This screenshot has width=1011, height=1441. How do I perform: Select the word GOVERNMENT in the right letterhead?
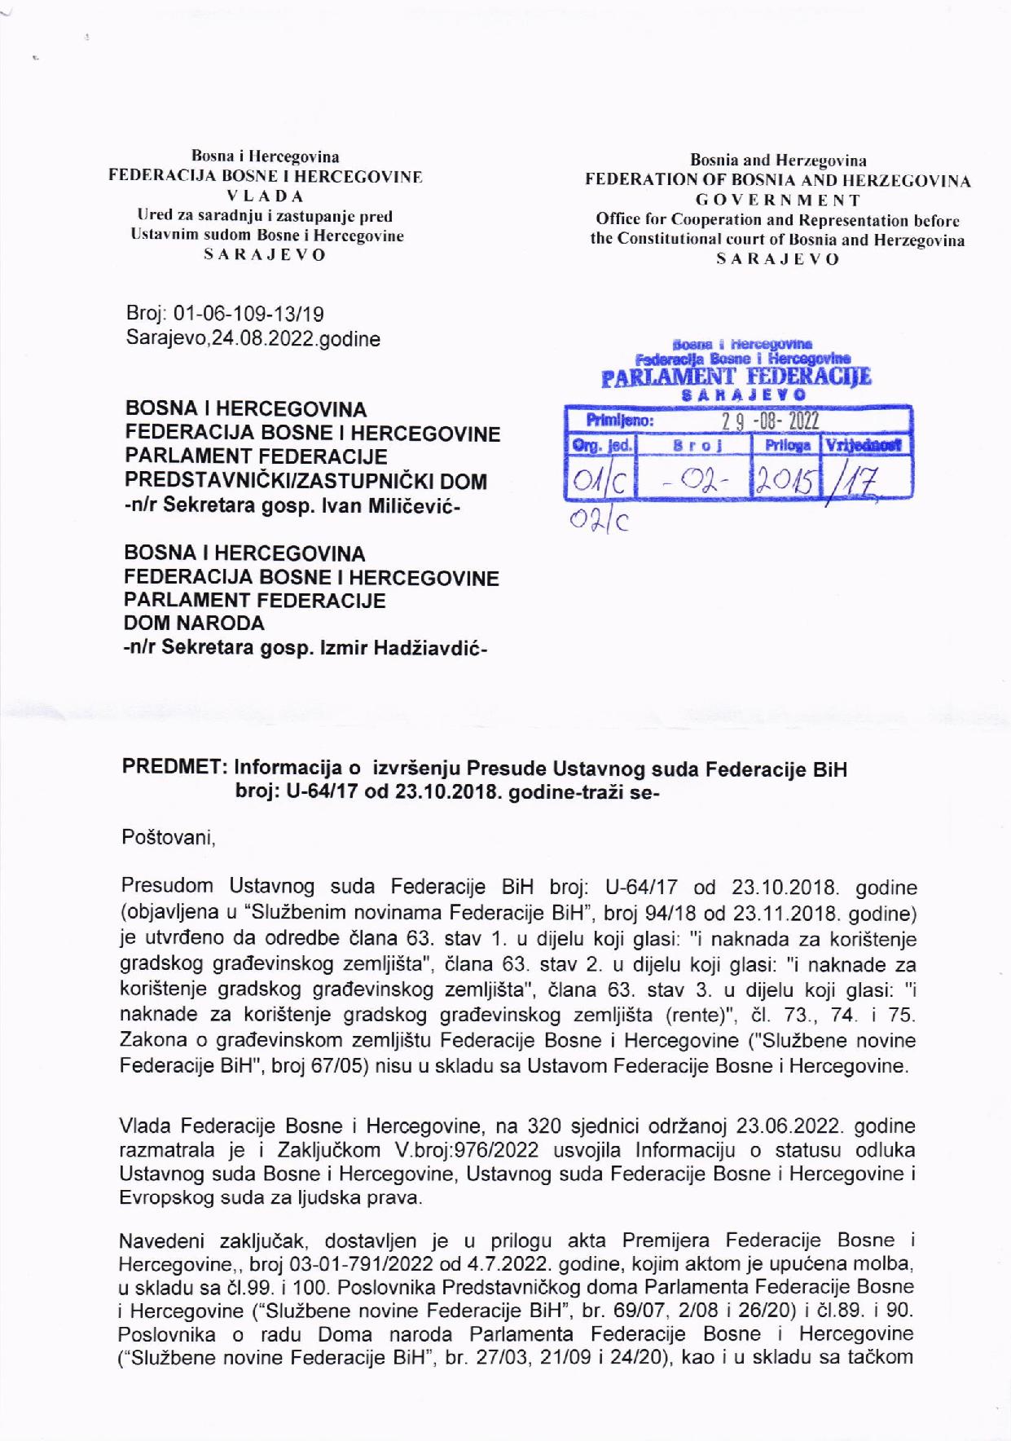[x=777, y=200]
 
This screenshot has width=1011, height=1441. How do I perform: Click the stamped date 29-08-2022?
[x=771, y=421]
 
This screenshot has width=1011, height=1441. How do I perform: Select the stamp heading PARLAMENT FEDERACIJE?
[x=736, y=377]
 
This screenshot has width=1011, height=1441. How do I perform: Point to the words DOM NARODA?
[x=194, y=624]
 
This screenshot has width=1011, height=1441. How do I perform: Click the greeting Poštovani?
[x=168, y=838]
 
